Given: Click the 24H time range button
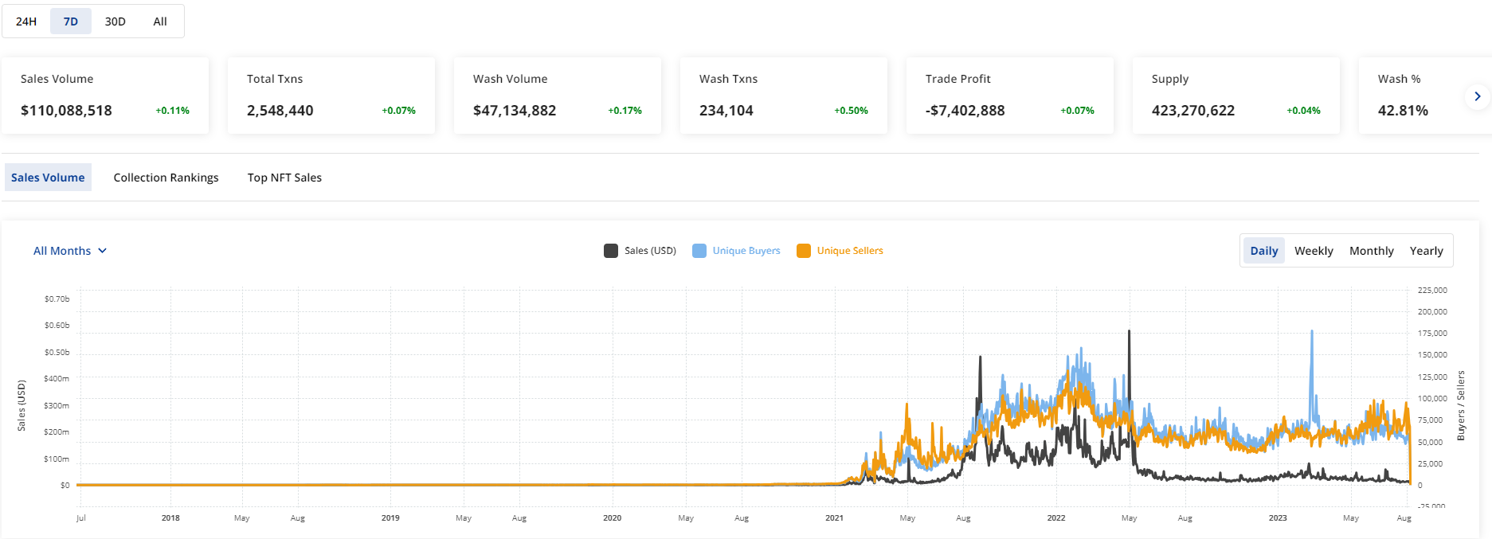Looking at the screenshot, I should (26, 21).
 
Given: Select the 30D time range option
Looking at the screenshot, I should (115, 21).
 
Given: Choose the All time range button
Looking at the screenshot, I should (160, 21).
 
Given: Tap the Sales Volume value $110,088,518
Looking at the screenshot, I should (66, 111).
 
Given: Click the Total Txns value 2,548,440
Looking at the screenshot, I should (280, 111).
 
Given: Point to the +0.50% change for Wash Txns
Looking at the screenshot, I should (851, 111).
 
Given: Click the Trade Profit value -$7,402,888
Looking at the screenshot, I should (965, 111).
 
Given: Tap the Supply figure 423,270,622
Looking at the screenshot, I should (1192, 111).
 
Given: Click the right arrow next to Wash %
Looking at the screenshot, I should (1477, 96).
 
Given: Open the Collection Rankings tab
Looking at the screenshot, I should (166, 178).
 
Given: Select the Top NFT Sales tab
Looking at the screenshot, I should (284, 178).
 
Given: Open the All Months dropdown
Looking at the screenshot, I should (70, 251).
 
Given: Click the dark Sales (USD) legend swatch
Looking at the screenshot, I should (611, 251).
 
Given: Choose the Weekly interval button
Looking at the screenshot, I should (1313, 251).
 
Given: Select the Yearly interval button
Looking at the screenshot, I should (1426, 251).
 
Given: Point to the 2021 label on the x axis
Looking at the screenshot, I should (834, 518).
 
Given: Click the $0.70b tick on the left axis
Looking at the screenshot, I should (57, 299).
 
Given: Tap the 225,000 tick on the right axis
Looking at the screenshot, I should (1431, 291).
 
